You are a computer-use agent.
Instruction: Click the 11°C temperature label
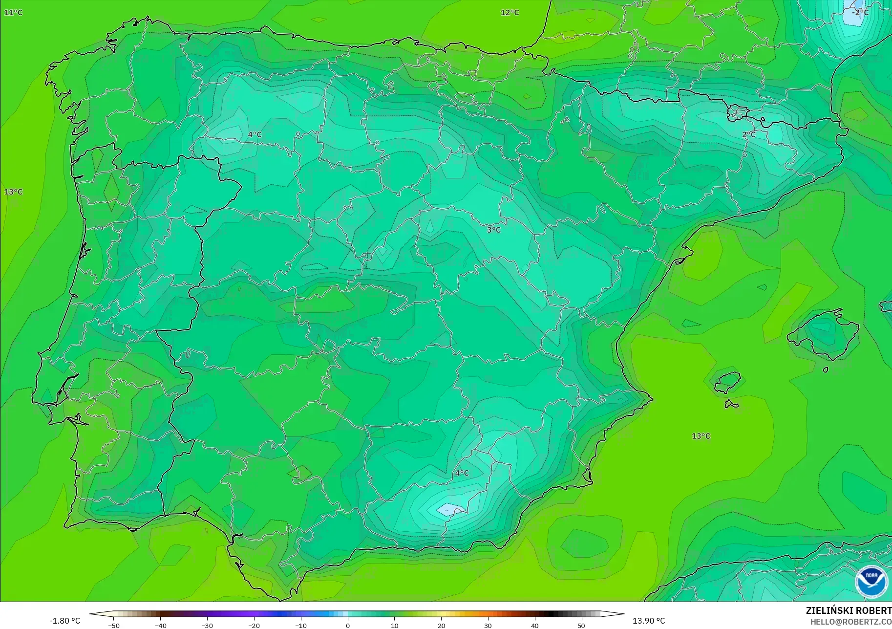(13, 12)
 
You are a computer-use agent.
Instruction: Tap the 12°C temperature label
(510, 12)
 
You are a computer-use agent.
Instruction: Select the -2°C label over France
(860, 12)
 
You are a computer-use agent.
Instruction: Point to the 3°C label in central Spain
(493, 230)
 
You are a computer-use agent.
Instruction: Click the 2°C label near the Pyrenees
(748, 134)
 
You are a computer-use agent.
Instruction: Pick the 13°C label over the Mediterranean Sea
(701, 436)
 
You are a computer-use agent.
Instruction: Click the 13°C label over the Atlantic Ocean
(13, 192)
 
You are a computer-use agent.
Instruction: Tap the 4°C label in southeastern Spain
(462, 473)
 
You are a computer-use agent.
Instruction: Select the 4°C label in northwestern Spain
(255, 134)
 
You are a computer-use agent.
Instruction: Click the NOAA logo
(871, 581)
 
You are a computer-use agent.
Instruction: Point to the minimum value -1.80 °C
(64, 621)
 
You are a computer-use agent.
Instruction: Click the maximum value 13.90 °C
(649, 621)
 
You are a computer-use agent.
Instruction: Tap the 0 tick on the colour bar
(348, 625)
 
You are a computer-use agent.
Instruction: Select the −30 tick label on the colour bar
(207, 625)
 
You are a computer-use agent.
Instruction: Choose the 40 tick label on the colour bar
(534, 625)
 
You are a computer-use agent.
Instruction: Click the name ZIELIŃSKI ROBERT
(849, 610)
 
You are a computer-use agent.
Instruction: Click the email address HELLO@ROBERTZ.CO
(850, 622)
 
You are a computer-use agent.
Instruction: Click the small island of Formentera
(731, 404)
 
